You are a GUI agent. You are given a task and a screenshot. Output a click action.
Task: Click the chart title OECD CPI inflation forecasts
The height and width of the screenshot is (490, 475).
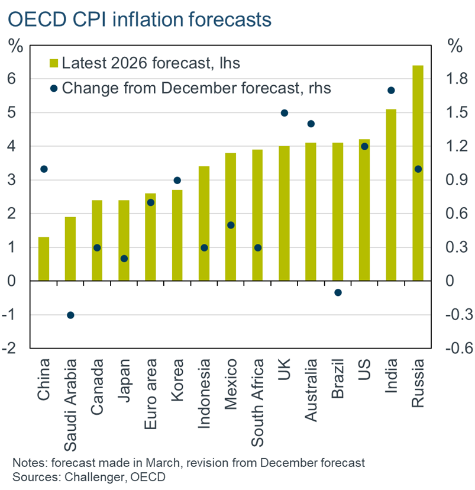click(x=140, y=19)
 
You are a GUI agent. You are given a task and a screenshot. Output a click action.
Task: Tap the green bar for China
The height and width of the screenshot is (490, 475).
click(x=44, y=259)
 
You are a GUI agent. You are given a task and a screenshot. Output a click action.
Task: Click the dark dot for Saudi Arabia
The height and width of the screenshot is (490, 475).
click(x=70, y=315)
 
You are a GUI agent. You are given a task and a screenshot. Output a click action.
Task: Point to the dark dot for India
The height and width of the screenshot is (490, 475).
click(x=391, y=91)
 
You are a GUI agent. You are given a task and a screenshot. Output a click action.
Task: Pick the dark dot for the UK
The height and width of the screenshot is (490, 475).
click(x=284, y=113)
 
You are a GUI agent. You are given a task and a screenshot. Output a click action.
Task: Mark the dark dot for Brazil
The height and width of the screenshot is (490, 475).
click(x=338, y=292)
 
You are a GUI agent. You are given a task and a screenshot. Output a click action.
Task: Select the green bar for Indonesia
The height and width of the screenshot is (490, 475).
click(x=204, y=224)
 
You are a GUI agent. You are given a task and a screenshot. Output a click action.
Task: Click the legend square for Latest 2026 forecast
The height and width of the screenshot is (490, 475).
click(x=54, y=63)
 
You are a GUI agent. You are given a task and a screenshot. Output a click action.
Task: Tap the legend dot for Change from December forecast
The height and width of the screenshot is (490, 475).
click(x=54, y=88)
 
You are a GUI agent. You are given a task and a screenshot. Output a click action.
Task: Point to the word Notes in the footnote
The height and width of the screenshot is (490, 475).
click(x=27, y=462)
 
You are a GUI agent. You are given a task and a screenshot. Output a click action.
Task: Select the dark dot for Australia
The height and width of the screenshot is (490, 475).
click(x=311, y=124)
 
